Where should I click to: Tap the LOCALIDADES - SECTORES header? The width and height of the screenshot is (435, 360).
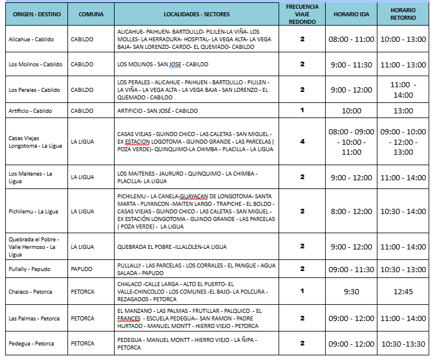pos(197,13)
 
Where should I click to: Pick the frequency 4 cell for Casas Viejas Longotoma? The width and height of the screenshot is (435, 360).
pos(302,142)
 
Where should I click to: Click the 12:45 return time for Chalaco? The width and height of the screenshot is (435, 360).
pos(403,291)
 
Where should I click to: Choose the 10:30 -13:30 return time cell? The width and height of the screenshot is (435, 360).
pos(403,344)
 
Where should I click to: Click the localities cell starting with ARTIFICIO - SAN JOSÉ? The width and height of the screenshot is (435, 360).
pos(157,110)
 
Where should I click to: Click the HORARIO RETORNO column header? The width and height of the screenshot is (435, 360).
pos(403,13)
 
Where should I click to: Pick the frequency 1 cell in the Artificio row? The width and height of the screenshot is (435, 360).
pos(302,110)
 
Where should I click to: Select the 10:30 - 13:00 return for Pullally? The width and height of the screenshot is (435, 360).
pos(403,269)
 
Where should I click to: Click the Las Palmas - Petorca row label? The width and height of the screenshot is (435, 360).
pos(34,318)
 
